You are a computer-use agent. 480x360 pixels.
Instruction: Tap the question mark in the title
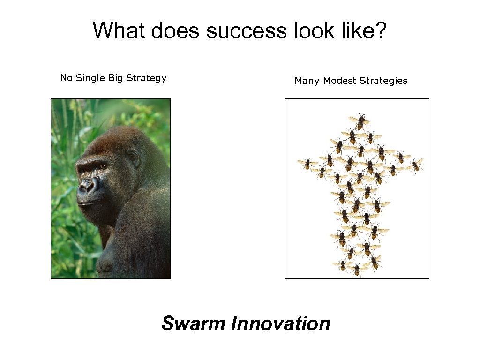[x=380, y=30]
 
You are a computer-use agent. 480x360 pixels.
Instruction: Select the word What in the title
[x=120, y=30]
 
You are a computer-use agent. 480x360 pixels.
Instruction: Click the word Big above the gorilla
[x=115, y=78]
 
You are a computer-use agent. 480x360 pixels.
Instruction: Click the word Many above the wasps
[x=307, y=81]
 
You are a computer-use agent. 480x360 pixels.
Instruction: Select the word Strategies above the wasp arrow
[x=383, y=81]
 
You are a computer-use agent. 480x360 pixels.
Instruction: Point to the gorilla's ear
[x=134, y=157]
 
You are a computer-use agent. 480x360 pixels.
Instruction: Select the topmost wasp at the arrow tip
[x=360, y=121]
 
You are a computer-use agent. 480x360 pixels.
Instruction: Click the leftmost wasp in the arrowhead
[x=307, y=164]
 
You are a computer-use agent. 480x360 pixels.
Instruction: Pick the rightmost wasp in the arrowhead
[x=415, y=165]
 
